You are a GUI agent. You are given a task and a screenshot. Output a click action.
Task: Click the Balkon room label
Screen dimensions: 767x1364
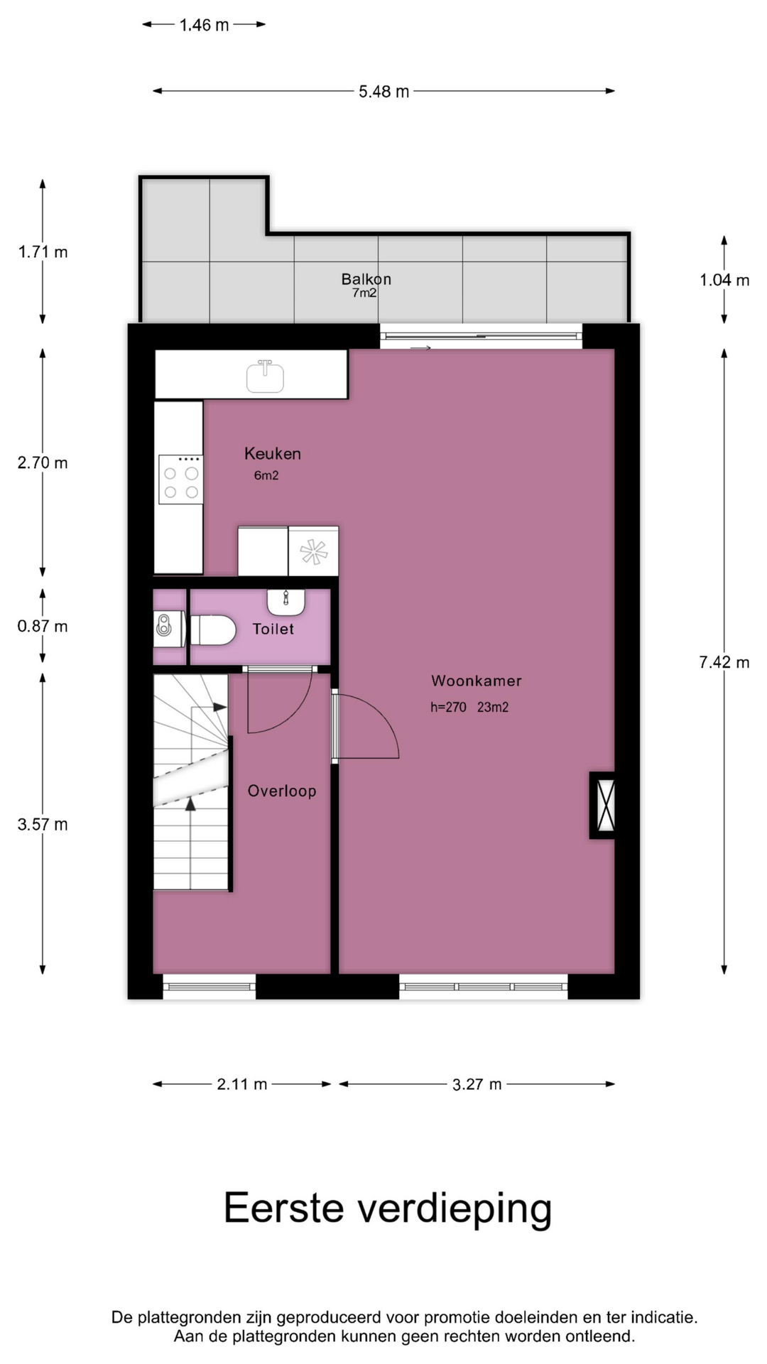coord(366,279)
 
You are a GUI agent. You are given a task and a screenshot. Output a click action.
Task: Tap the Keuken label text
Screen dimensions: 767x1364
coord(273,453)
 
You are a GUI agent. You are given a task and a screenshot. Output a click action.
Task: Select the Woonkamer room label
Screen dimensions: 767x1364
coord(477,681)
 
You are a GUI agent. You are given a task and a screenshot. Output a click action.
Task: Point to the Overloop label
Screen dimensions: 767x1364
coord(282,791)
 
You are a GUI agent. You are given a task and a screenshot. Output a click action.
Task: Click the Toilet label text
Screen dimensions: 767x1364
coord(273,629)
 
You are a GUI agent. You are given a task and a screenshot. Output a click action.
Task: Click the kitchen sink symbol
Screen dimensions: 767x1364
coord(265,377)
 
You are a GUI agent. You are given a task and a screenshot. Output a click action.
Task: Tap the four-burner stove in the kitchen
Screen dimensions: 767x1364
coord(180,480)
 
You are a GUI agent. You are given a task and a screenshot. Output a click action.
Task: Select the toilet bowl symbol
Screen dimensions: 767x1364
coord(213,630)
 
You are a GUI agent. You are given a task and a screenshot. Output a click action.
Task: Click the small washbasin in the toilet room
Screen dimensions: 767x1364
coord(286,602)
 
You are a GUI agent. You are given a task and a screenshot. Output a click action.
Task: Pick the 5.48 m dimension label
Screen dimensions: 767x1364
coord(383,91)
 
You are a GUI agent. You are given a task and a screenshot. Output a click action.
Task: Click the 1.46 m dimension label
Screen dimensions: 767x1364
coord(204,25)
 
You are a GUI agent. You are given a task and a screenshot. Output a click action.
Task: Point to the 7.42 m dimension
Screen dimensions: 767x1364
coord(724,662)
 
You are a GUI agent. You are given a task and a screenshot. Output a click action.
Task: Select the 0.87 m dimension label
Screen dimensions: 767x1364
coord(43,626)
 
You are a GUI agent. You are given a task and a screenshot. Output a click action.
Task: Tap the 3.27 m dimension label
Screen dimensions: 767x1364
coord(477,1084)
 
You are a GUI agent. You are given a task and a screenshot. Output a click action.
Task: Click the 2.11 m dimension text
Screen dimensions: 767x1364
coord(242,1084)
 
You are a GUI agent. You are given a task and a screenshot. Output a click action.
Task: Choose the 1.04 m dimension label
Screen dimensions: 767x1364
coord(724,280)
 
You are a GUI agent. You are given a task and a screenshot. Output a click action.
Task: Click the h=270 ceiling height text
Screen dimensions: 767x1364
coord(448,707)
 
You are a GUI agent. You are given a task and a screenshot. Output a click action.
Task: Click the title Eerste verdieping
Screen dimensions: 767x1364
coord(388,1209)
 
